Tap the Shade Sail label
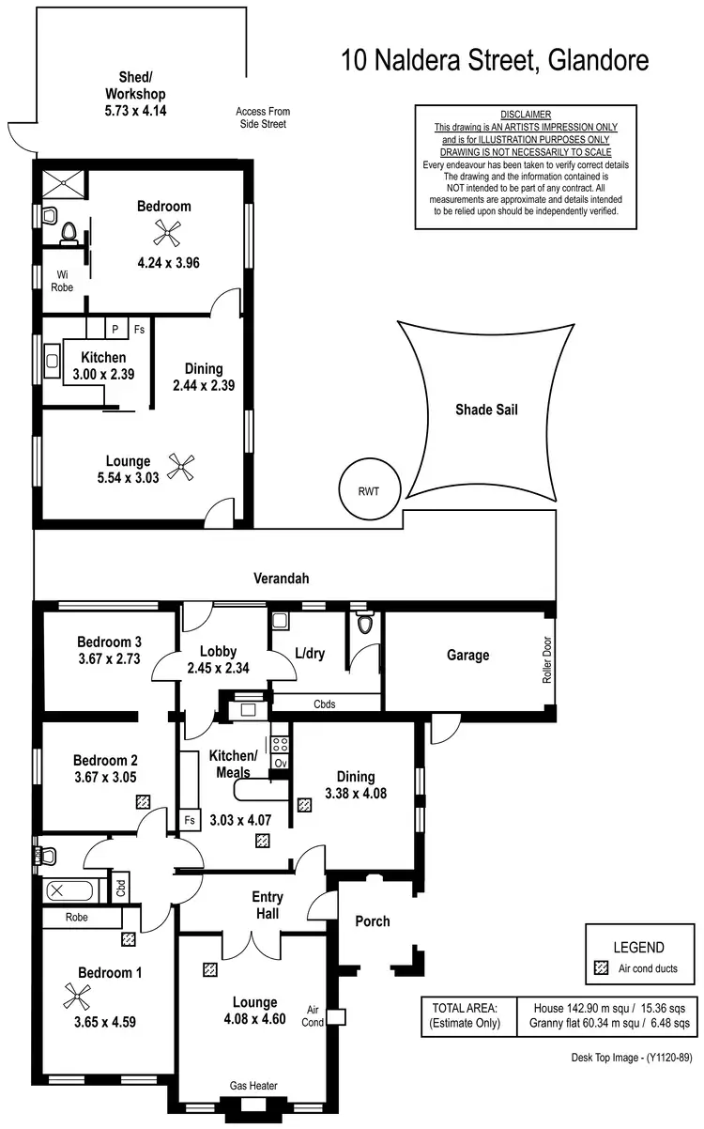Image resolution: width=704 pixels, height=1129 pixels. click(486, 409)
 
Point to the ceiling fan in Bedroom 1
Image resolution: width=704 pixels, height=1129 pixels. click(72, 994)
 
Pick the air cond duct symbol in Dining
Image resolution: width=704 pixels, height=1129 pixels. click(304, 805)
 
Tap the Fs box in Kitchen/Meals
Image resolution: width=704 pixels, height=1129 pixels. click(189, 820)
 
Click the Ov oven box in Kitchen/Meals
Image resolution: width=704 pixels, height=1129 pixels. click(280, 763)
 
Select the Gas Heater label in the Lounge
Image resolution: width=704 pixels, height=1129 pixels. click(254, 1086)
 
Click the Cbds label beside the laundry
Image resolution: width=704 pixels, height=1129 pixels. click(324, 704)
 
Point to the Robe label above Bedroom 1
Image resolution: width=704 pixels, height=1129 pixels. click(77, 917)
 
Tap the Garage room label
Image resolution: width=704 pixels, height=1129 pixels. click(467, 655)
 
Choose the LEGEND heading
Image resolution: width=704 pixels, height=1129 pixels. click(638, 948)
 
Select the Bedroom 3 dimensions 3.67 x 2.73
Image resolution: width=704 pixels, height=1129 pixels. click(110, 659)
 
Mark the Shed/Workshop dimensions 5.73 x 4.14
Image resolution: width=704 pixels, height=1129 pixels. click(135, 111)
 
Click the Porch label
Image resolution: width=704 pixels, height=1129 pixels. click(372, 920)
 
